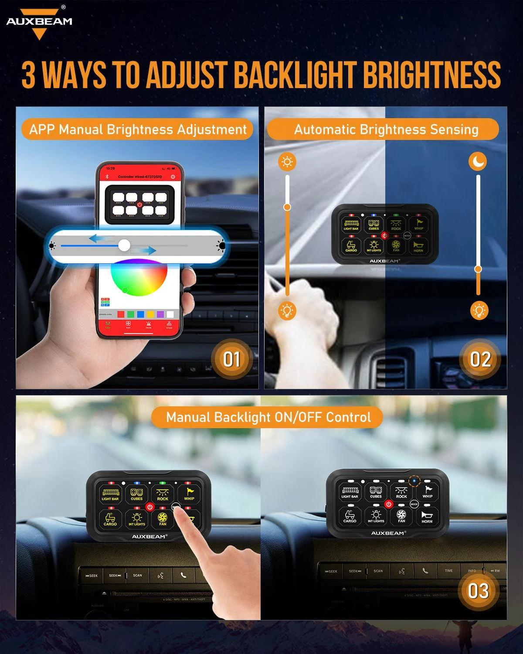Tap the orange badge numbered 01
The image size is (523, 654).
tap(231, 359)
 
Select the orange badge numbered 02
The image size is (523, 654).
tap(480, 359)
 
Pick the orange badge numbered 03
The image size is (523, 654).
tap(478, 591)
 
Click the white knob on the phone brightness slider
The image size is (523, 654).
tap(124, 245)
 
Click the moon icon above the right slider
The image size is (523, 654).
tap(478, 162)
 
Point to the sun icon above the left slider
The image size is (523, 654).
tap(287, 162)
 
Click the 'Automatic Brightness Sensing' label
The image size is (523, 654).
tap(386, 129)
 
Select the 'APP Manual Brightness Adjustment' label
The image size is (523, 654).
tap(138, 129)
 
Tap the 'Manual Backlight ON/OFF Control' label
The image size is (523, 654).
tap(268, 417)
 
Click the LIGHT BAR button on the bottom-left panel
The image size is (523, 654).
tap(110, 494)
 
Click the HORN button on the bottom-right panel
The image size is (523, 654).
tap(427, 517)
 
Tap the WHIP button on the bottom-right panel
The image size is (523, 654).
tap(427, 492)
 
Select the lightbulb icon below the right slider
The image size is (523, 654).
tap(479, 310)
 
